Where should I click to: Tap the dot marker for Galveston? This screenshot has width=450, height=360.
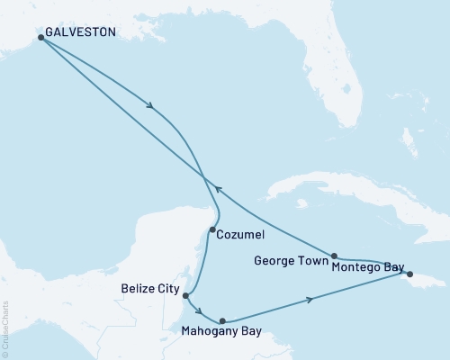40,38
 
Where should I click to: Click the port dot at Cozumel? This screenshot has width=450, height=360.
211,230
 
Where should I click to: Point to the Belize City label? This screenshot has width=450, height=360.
150,291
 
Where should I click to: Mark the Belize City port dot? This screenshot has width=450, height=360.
184,295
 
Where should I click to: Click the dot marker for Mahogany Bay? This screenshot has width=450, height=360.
221,320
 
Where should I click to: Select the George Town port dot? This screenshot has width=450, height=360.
334,256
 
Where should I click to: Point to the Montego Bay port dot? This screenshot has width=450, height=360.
409,274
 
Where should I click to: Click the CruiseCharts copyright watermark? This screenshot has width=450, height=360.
6,328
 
